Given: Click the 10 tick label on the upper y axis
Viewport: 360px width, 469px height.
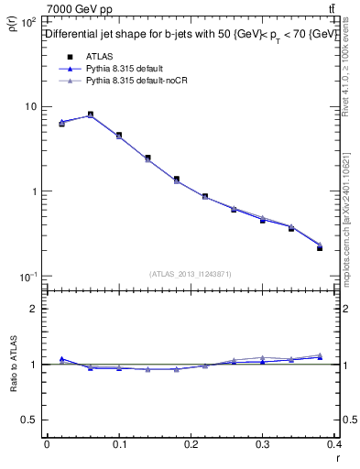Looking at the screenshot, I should (x=29, y=107).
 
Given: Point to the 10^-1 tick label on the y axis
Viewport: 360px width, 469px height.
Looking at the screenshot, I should (x=27, y=277).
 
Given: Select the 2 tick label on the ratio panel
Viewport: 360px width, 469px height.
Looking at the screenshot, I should (x=34, y=309).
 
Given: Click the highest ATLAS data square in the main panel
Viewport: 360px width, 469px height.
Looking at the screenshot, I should (x=90, y=115).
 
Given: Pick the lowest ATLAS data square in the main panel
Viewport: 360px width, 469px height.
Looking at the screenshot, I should (x=345, y=248).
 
